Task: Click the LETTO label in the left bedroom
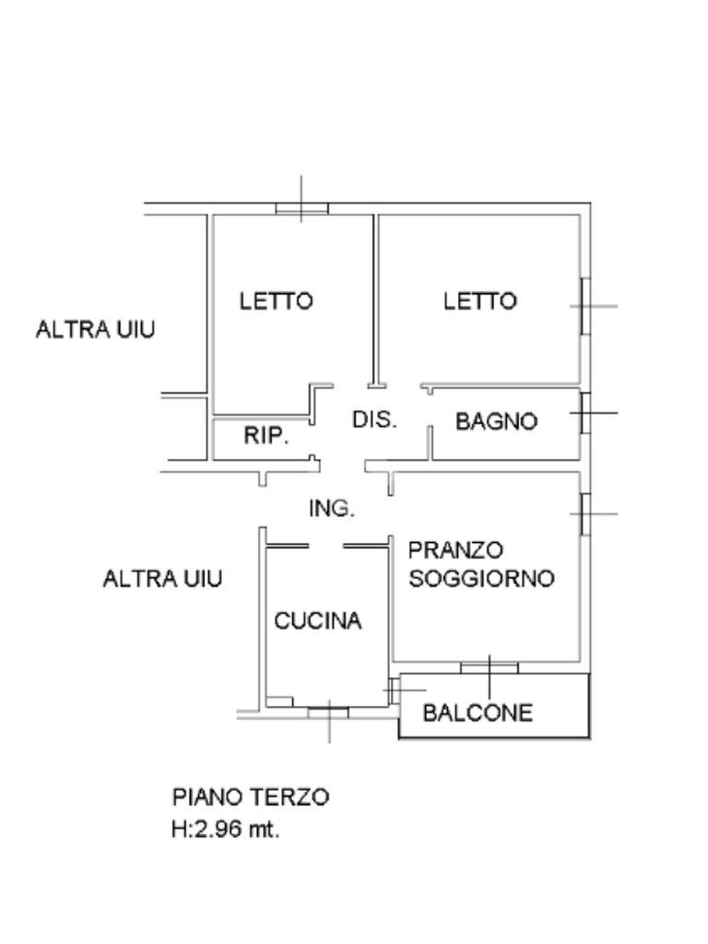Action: point(277,301)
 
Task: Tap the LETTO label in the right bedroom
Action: point(480,301)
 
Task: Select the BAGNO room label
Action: point(497,421)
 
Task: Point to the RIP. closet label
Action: point(266,437)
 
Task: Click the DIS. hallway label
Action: point(374,419)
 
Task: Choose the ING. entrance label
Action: point(332,509)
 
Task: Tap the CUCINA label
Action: point(318,621)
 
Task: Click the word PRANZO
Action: point(456,550)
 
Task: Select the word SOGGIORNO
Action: point(481,579)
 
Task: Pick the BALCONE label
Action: point(478,713)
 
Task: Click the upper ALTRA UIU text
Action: point(95,329)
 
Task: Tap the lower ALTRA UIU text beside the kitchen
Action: point(162,579)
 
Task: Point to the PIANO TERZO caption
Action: point(250,796)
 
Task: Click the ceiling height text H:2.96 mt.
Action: point(225,829)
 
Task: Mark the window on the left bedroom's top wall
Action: point(302,209)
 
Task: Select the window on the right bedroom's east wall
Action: point(584,306)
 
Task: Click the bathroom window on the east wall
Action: point(584,414)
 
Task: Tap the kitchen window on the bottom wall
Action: point(328,711)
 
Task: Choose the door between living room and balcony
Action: point(490,667)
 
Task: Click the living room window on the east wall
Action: point(584,513)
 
